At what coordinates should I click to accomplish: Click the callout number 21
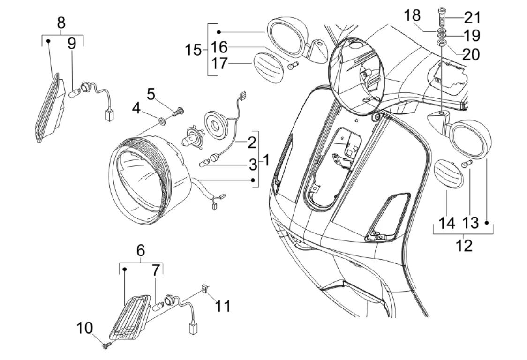(x=472, y=18)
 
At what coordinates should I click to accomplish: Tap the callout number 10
(x=85, y=328)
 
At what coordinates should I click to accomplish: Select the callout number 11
(x=223, y=306)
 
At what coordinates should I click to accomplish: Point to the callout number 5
(x=151, y=95)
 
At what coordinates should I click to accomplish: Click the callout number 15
(x=193, y=51)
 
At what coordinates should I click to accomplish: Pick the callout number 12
(x=464, y=246)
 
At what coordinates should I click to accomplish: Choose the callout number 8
(x=61, y=23)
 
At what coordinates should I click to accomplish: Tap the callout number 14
(x=447, y=223)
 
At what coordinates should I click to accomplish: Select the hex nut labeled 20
(x=441, y=43)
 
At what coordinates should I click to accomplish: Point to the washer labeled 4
(x=161, y=120)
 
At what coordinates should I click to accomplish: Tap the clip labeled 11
(x=204, y=288)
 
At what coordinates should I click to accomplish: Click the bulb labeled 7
(x=158, y=306)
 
